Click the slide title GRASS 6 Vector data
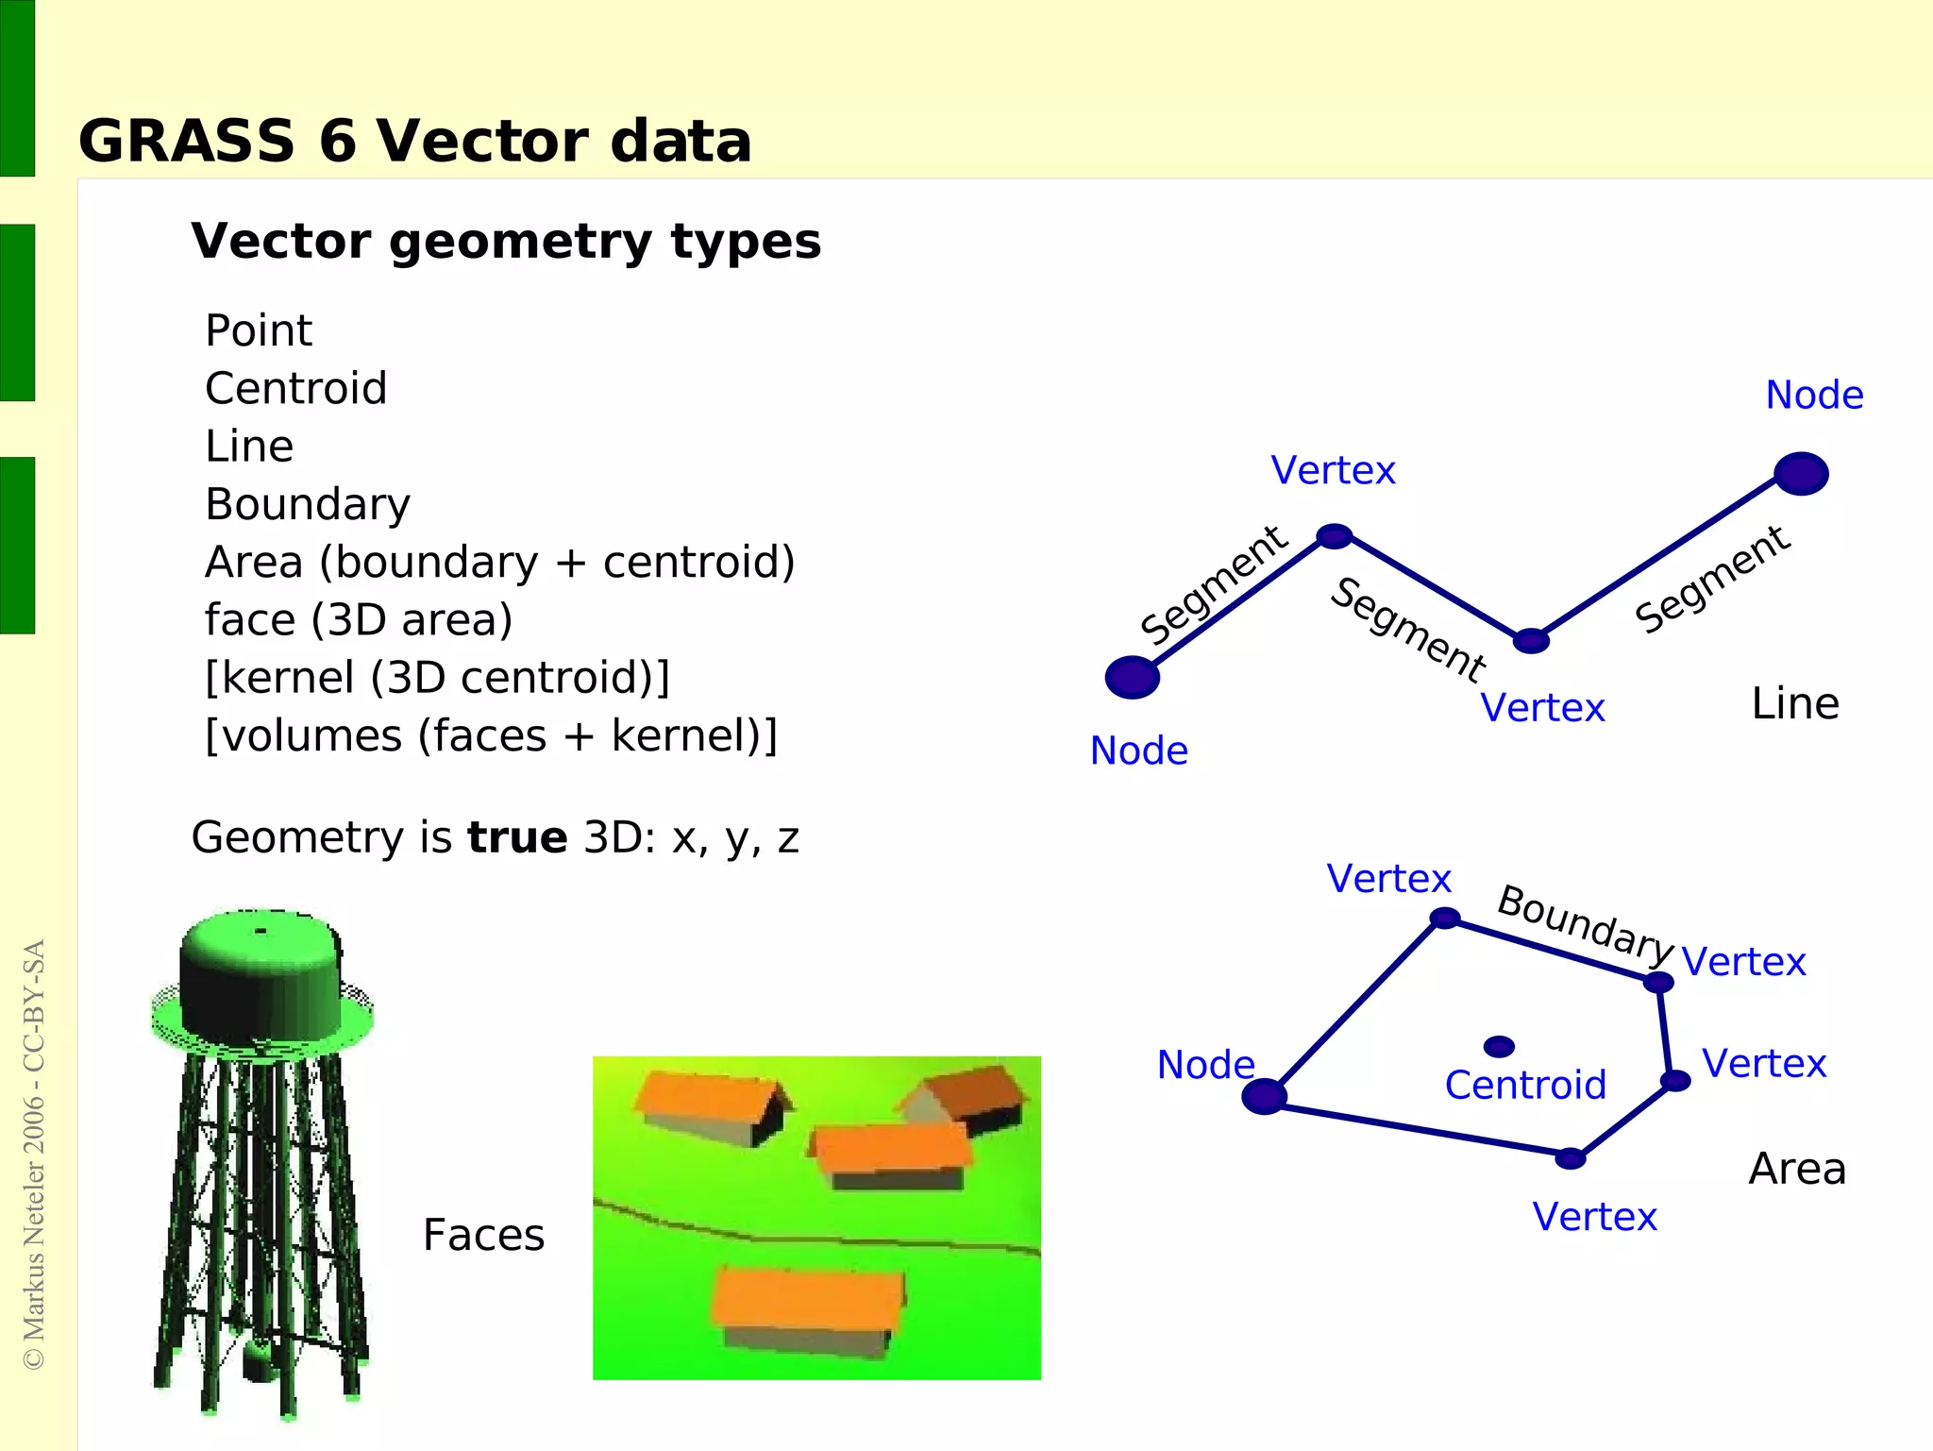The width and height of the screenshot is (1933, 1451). click(414, 142)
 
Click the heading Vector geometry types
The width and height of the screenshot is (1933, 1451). click(506, 242)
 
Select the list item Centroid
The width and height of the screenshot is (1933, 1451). click(295, 389)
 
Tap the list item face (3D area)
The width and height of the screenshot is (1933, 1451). click(359, 620)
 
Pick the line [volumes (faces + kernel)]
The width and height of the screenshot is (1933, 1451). click(491, 736)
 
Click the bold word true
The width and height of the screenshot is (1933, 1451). click(517, 838)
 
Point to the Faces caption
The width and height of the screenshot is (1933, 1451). click(483, 1235)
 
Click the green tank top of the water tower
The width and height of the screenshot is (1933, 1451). click(261, 972)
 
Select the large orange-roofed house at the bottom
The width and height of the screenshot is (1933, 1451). click(807, 1308)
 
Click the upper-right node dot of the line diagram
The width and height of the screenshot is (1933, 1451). click(1801, 474)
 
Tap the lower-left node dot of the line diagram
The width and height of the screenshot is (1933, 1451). click(1132, 678)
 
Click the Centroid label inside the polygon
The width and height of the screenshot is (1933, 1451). click(1525, 1086)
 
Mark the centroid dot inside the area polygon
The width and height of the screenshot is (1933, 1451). click(1499, 1046)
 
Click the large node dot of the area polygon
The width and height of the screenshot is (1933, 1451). click(1264, 1096)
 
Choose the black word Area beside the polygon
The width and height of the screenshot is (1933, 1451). click(1797, 1169)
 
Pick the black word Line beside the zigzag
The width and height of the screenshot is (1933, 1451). click(1795, 704)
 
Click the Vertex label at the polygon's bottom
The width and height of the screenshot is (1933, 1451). click(1594, 1217)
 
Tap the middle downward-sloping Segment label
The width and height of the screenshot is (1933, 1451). click(1407, 629)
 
